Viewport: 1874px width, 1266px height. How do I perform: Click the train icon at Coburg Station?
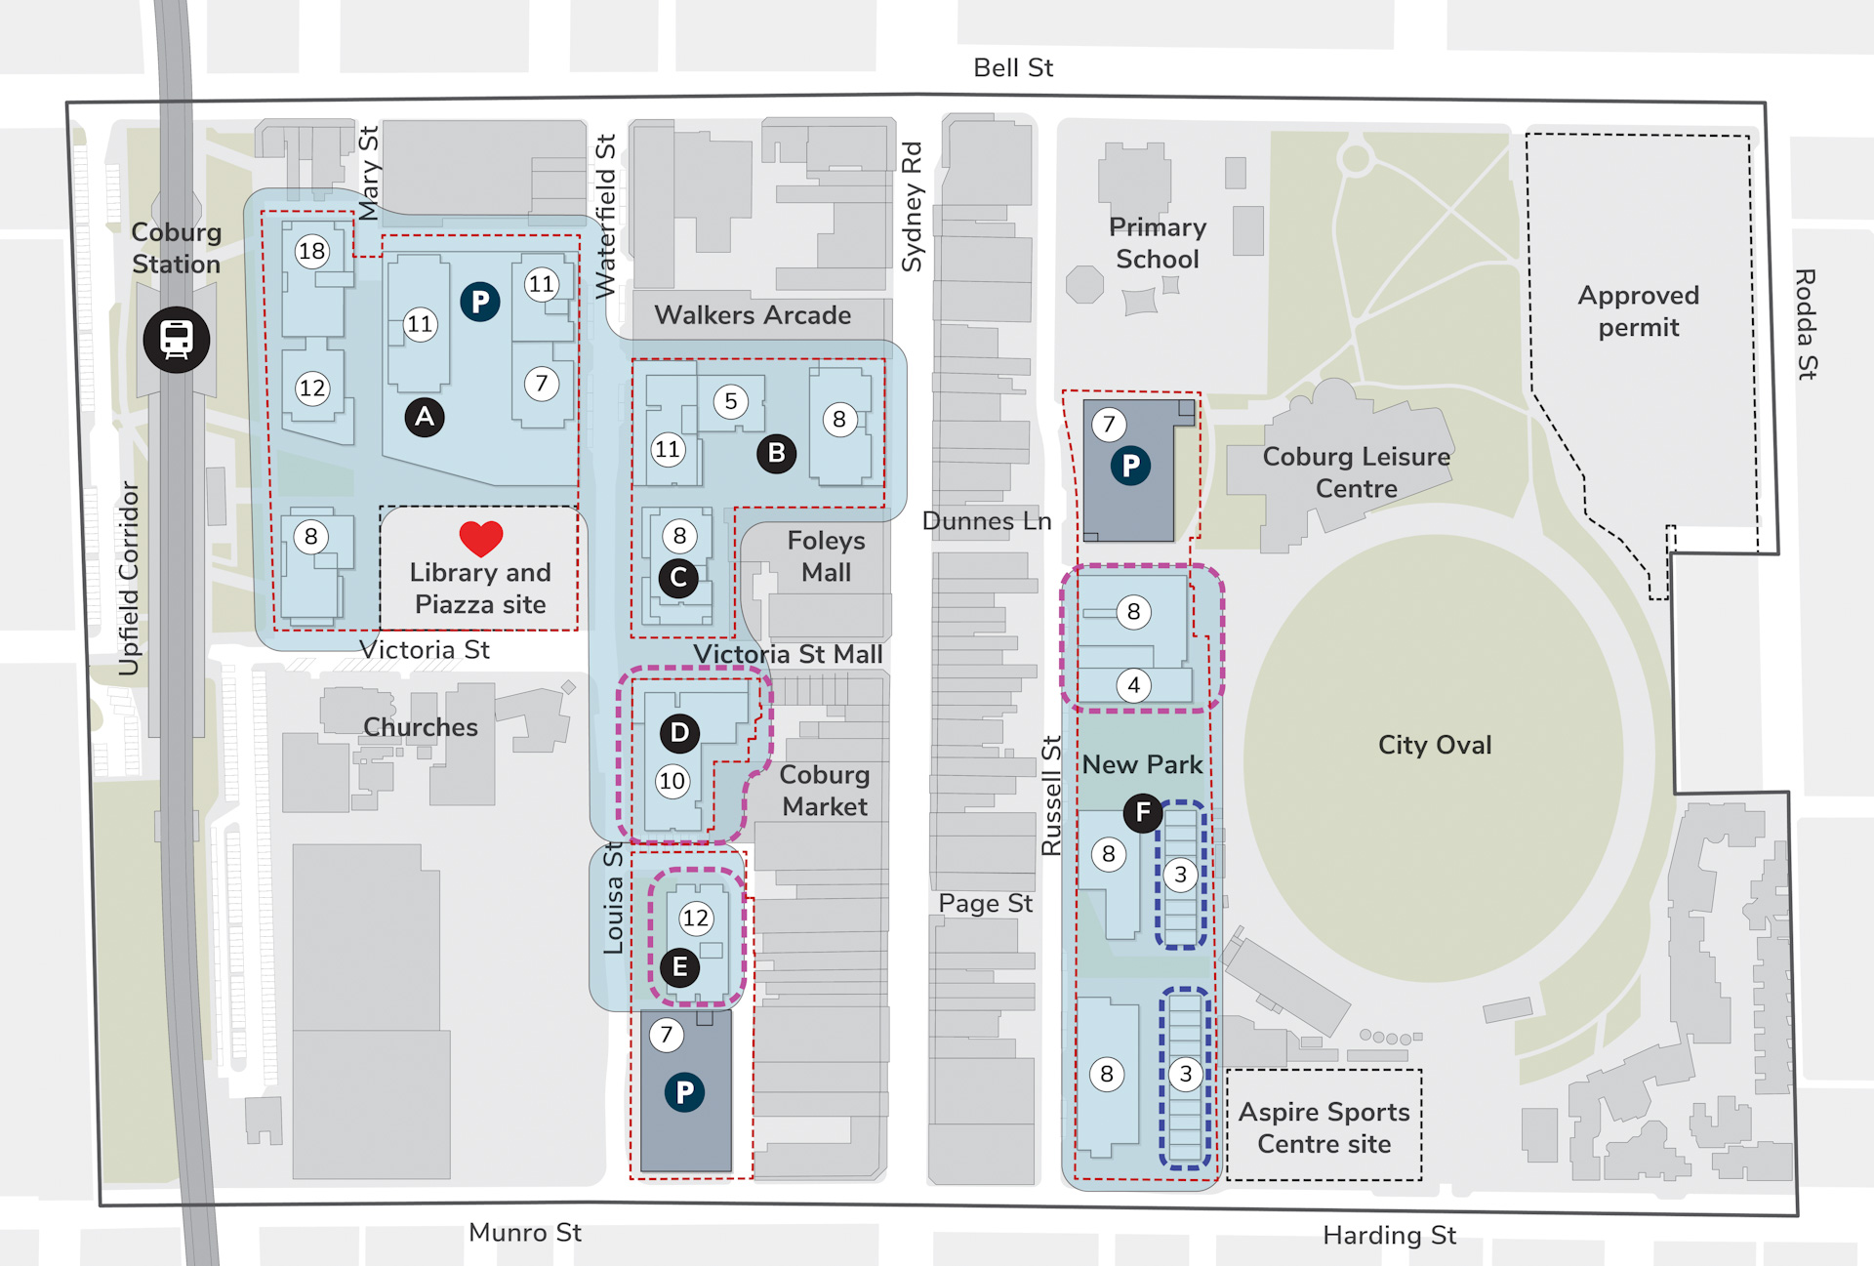pyautogui.click(x=177, y=340)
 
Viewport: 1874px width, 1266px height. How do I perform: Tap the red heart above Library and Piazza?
pyautogui.click(x=480, y=538)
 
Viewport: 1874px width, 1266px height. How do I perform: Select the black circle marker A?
pyautogui.click(x=425, y=417)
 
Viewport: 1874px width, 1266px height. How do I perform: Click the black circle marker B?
pyautogui.click(x=777, y=453)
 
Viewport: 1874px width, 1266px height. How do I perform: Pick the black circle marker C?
pyautogui.click(x=678, y=577)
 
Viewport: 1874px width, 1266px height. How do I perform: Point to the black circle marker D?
pyautogui.click(x=679, y=733)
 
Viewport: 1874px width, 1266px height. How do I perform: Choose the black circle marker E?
pyautogui.click(x=680, y=967)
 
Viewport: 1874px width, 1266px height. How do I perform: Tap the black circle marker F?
pyautogui.click(x=1143, y=812)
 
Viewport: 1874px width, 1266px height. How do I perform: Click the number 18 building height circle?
pyautogui.click(x=311, y=251)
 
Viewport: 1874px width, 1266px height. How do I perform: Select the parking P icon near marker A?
pyautogui.click(x=479, y=302)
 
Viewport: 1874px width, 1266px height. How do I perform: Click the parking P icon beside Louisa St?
pyautogui.click(x=684, y=1092)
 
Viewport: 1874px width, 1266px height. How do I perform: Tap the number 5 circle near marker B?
pyautogui.click(x=730, y=401)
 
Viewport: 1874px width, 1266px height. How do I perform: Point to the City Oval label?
pyautogui.click(x=1434, y=745)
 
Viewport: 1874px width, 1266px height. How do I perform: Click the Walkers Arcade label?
pyautogui.click(x=752, y=315)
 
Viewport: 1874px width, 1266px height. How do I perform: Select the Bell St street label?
pyautogui.click(x=1013, y=67)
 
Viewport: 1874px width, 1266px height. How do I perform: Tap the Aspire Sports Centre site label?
pyautogui.click(x=1324, y=1127)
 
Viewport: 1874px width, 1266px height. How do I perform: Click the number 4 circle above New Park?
pyautogui.click(x=1133, y=685)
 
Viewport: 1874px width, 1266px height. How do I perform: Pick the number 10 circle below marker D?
pyautogui.click(x=672, y=781)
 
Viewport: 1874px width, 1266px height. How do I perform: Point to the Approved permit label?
pyautogui.click(x=1638, y=310)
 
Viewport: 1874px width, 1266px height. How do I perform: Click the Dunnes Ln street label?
pyautogui.click(x=986, y=521)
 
